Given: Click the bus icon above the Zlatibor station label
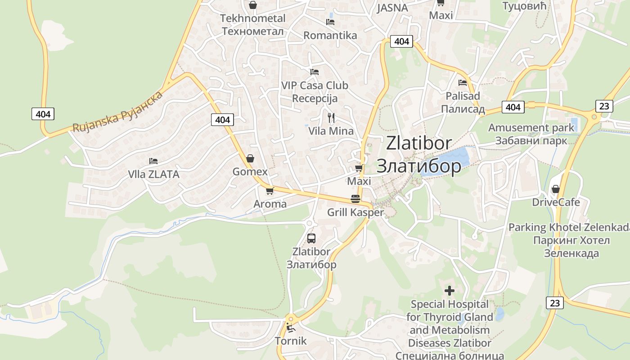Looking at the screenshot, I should pyautogui.click(x=311, y=238).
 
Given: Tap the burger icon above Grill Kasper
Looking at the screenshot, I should pyautogui.click(x=355, y=198).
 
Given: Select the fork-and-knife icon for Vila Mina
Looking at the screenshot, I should pyautogui.click(x=331, y=118).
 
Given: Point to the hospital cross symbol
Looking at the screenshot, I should pyautogui.click(x=449, y=291).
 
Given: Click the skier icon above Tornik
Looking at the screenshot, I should pyautogui.click(x=290, y=327).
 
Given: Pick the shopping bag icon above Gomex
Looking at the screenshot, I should pyautogui.click(x=250, y=158).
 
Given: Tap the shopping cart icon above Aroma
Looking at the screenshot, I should pyautogui.click(x=270, y=191).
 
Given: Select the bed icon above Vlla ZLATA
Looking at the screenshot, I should pyautogui.click(x=153, y=161).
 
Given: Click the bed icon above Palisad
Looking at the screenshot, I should pyautogui.click(x=463, y=82).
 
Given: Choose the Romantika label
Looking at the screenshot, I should pyautogui.click(x=330, y=35).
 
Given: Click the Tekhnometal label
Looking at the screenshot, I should pyautogui.click(x=252, y=18).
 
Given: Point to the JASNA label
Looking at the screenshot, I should pyautogui.click(x=392, y=8).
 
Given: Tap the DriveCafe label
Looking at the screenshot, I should pyautogui.click(x=556, y=202).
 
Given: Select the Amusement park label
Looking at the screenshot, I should pyautogui.click(x=531, y=128).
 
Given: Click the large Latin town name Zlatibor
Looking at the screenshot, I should pyautogui.click(x=418, y=143).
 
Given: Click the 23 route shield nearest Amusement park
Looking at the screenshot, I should pyautogui.click(x=604, y=106).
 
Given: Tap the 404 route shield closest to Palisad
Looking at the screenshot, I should pyautogui.click(x=513, y=107).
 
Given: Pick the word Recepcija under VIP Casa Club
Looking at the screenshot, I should pyautogui.click(x=315, y=99).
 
